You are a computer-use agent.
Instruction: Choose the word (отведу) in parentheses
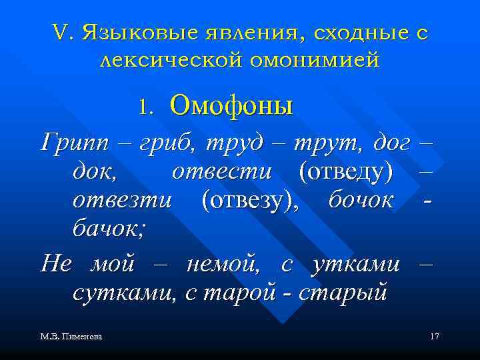click(345, 171)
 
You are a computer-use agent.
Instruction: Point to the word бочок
click(360, 199)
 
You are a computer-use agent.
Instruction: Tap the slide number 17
click(434, 337)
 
